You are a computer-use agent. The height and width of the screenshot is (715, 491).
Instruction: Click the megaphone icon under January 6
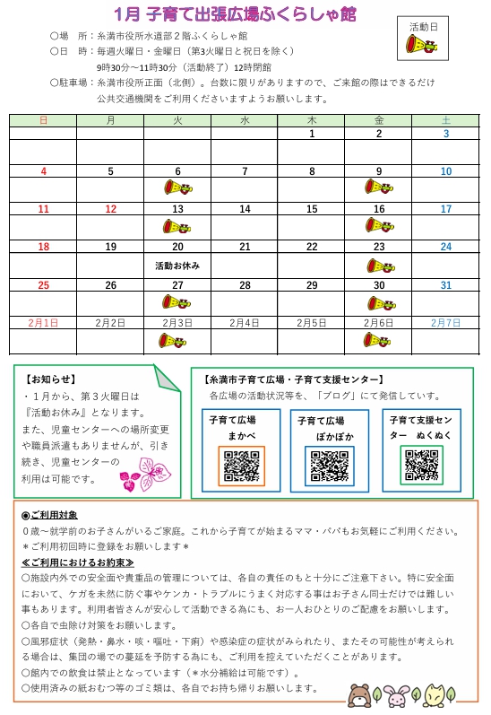click(177, 187)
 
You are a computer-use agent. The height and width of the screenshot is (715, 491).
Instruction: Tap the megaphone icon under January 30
click(380, 303)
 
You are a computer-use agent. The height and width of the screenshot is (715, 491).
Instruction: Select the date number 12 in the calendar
click(110, 209)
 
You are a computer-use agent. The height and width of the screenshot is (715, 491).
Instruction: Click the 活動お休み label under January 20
click(177, 266)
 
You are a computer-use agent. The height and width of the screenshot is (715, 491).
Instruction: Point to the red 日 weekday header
click(44, 119)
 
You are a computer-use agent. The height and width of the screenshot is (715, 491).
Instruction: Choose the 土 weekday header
click(445, 119)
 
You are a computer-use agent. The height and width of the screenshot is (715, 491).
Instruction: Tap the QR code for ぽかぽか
click(329, 466)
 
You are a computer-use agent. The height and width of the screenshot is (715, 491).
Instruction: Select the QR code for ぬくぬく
click(421, 465)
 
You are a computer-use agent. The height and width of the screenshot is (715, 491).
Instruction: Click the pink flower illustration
click(142, 472)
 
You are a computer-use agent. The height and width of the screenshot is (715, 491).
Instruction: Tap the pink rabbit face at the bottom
click(399, 695)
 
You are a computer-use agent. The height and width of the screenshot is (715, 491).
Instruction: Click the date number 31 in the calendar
click(445, 285)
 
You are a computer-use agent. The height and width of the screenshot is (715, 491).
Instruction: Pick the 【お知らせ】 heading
click(50, 379)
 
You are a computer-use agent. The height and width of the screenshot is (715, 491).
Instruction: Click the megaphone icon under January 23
click(380, 266)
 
